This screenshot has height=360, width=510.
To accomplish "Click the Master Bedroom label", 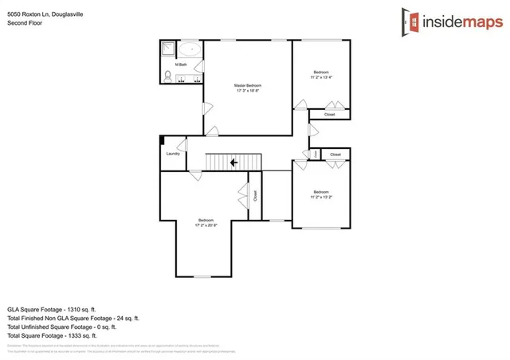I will click(x=248, y=88).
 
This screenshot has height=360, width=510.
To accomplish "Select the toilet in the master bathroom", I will click(x=168, y=76).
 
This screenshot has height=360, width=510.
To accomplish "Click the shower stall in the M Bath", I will click(x=168, y=49).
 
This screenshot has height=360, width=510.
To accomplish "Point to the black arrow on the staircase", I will click(x=233, y=162).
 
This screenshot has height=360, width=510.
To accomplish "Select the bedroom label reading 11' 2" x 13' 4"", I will click(x=321, y=76).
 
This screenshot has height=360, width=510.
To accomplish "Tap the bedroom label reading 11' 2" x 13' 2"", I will click(x=321, y=194).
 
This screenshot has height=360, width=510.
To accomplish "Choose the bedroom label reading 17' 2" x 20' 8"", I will click(x=206, y=223).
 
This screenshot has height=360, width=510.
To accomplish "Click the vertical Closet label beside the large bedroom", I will click(x=255, y=194).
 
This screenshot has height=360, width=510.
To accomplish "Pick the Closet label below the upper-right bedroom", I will click(x=329, y=115).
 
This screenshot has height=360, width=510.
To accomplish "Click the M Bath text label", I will click(x=182, y=64).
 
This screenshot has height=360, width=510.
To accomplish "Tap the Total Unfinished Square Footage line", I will click(x=61, y=326).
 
